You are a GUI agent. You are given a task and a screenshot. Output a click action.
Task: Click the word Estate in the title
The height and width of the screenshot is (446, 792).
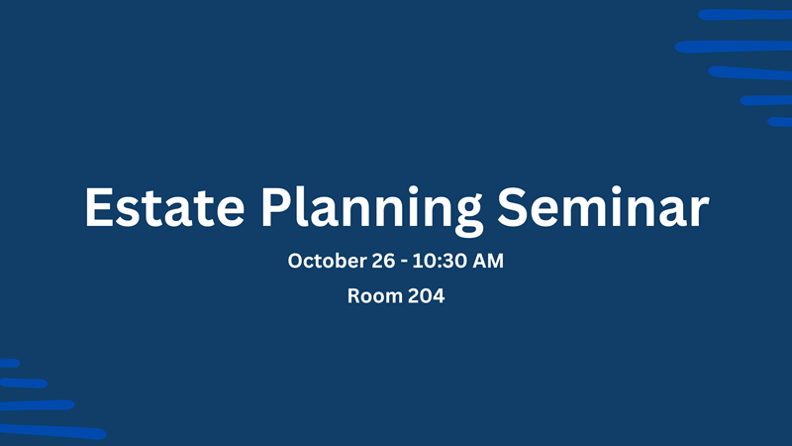[164, 207]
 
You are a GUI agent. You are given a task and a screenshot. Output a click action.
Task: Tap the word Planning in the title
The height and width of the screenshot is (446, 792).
[372, 211]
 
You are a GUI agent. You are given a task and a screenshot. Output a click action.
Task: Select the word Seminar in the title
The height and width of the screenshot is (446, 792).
[603, 206]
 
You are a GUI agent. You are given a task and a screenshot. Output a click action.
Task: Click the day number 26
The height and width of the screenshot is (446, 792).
[383, 261]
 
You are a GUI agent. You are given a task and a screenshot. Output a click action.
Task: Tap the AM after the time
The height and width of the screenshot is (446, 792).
[488, 261]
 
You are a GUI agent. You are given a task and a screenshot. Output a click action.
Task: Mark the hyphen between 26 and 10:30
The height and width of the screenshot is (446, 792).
[404, 263]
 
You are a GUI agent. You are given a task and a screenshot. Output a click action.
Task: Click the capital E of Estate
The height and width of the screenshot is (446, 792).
[98, 207]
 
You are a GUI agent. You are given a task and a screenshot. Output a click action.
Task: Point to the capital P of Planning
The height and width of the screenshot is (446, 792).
[276, 207]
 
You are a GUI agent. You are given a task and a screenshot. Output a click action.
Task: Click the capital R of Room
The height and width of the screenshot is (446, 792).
[354, 295]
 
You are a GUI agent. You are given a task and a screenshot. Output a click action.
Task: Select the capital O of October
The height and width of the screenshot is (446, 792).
[296, 261]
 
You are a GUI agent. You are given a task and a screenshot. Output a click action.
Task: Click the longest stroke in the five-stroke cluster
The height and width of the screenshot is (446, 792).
[734, 47]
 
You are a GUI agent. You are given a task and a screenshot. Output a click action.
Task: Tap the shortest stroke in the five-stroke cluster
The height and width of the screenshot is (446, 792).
[779, 122]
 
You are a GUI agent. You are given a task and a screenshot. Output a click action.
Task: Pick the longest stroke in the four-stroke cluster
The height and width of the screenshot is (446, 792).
[53, 432]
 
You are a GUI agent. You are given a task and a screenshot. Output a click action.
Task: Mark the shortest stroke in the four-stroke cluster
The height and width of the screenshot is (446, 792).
[10, 363]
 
